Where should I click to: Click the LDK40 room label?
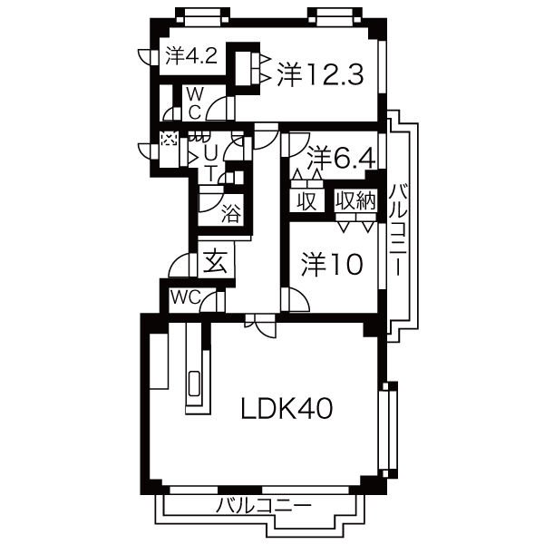[x=287, y=409]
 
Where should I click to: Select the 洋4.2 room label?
[x=190, y=56]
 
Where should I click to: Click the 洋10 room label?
[x=331, y=264]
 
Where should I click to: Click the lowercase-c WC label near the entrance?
[x=184, y=296]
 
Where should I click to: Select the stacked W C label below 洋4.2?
[x=194, y=103]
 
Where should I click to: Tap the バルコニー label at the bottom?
[x=264, y=506]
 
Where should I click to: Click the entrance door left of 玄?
[x=179, y=265]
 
